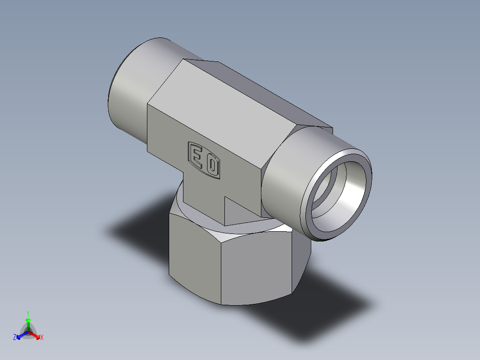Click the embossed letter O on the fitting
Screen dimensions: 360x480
click(x=212, y=166)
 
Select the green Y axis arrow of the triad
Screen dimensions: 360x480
click(x=28, y=322)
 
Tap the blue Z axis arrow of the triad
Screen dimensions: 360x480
click(x=20, y=335)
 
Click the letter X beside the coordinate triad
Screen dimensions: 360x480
click(x=42, y=338)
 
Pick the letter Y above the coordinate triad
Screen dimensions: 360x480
click(x=28, y=313)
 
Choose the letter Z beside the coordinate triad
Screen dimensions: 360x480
click(x=15, y=338)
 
